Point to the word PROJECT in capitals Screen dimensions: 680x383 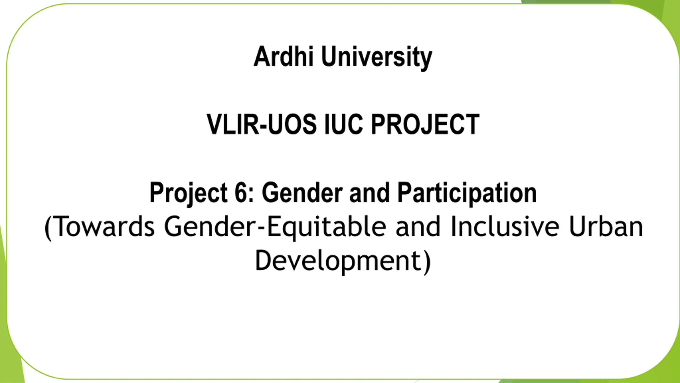click(425, 124)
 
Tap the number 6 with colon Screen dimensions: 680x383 click(245, 193)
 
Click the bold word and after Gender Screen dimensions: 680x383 click(369, 193)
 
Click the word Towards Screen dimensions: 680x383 click(105, 227)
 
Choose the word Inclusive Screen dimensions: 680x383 click(505, 227)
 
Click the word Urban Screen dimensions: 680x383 click(606, 227)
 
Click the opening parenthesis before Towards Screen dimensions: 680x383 click(48, 228)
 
